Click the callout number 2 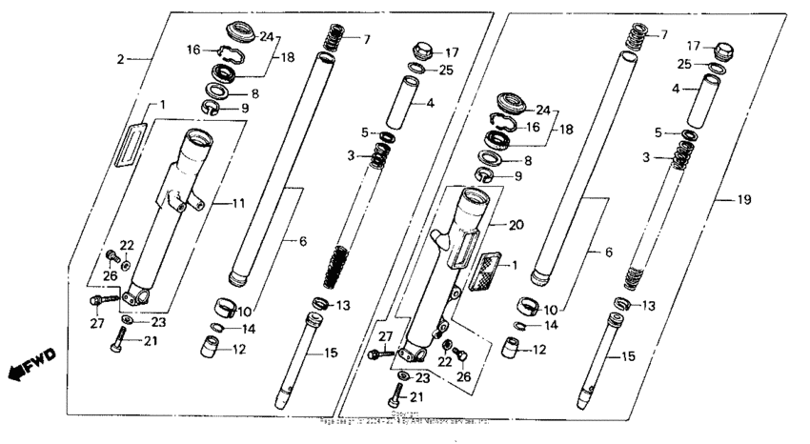point(121,59)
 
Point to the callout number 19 point(744,200)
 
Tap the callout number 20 point(516,226)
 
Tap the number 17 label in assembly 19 point(694,45)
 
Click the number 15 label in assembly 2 point(331,353)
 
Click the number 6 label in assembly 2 point(302,243)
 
